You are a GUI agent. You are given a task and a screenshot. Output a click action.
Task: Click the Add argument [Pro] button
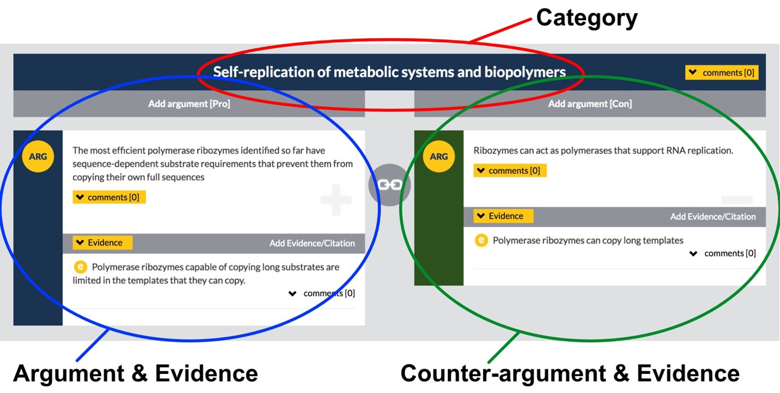click(189, 104)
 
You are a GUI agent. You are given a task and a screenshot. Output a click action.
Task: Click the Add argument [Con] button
click(590, 104)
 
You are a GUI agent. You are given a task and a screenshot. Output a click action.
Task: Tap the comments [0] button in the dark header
click(722, 72)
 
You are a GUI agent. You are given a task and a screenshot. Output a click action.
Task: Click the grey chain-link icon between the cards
click(389, 185)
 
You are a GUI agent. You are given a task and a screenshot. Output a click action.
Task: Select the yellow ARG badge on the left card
click(38, 156)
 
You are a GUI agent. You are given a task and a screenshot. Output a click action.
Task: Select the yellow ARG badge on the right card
click(439, 156)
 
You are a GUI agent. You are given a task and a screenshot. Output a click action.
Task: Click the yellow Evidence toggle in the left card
click(103, 243)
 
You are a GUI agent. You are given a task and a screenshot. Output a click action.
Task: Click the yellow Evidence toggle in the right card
click(503, 216)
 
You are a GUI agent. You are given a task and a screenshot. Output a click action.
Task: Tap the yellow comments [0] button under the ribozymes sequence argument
click(109, 197)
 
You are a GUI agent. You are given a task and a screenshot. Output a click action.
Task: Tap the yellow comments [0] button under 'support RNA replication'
click(510, 171)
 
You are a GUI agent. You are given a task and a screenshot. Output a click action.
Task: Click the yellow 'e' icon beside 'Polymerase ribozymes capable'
click(80, 267)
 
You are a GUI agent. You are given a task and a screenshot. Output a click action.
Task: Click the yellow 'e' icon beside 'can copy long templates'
click(481, 240)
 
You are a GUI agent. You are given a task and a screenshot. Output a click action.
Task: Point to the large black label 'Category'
click(586, 18)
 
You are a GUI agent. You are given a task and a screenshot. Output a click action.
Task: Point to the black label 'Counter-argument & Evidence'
click(569, 373)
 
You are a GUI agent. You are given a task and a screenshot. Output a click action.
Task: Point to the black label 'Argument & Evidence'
click(135, 373)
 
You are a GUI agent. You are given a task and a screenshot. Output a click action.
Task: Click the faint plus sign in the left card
click(336, 200)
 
